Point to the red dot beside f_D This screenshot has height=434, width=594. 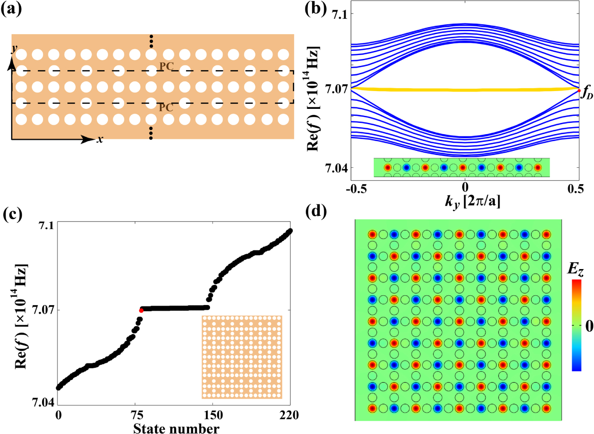579,90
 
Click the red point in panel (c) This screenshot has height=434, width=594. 141,310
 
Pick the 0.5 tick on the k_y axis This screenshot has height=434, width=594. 579,188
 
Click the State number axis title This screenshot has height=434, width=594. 174,427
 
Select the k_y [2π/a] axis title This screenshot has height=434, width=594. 464,202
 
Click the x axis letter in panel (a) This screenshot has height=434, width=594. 100,139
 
